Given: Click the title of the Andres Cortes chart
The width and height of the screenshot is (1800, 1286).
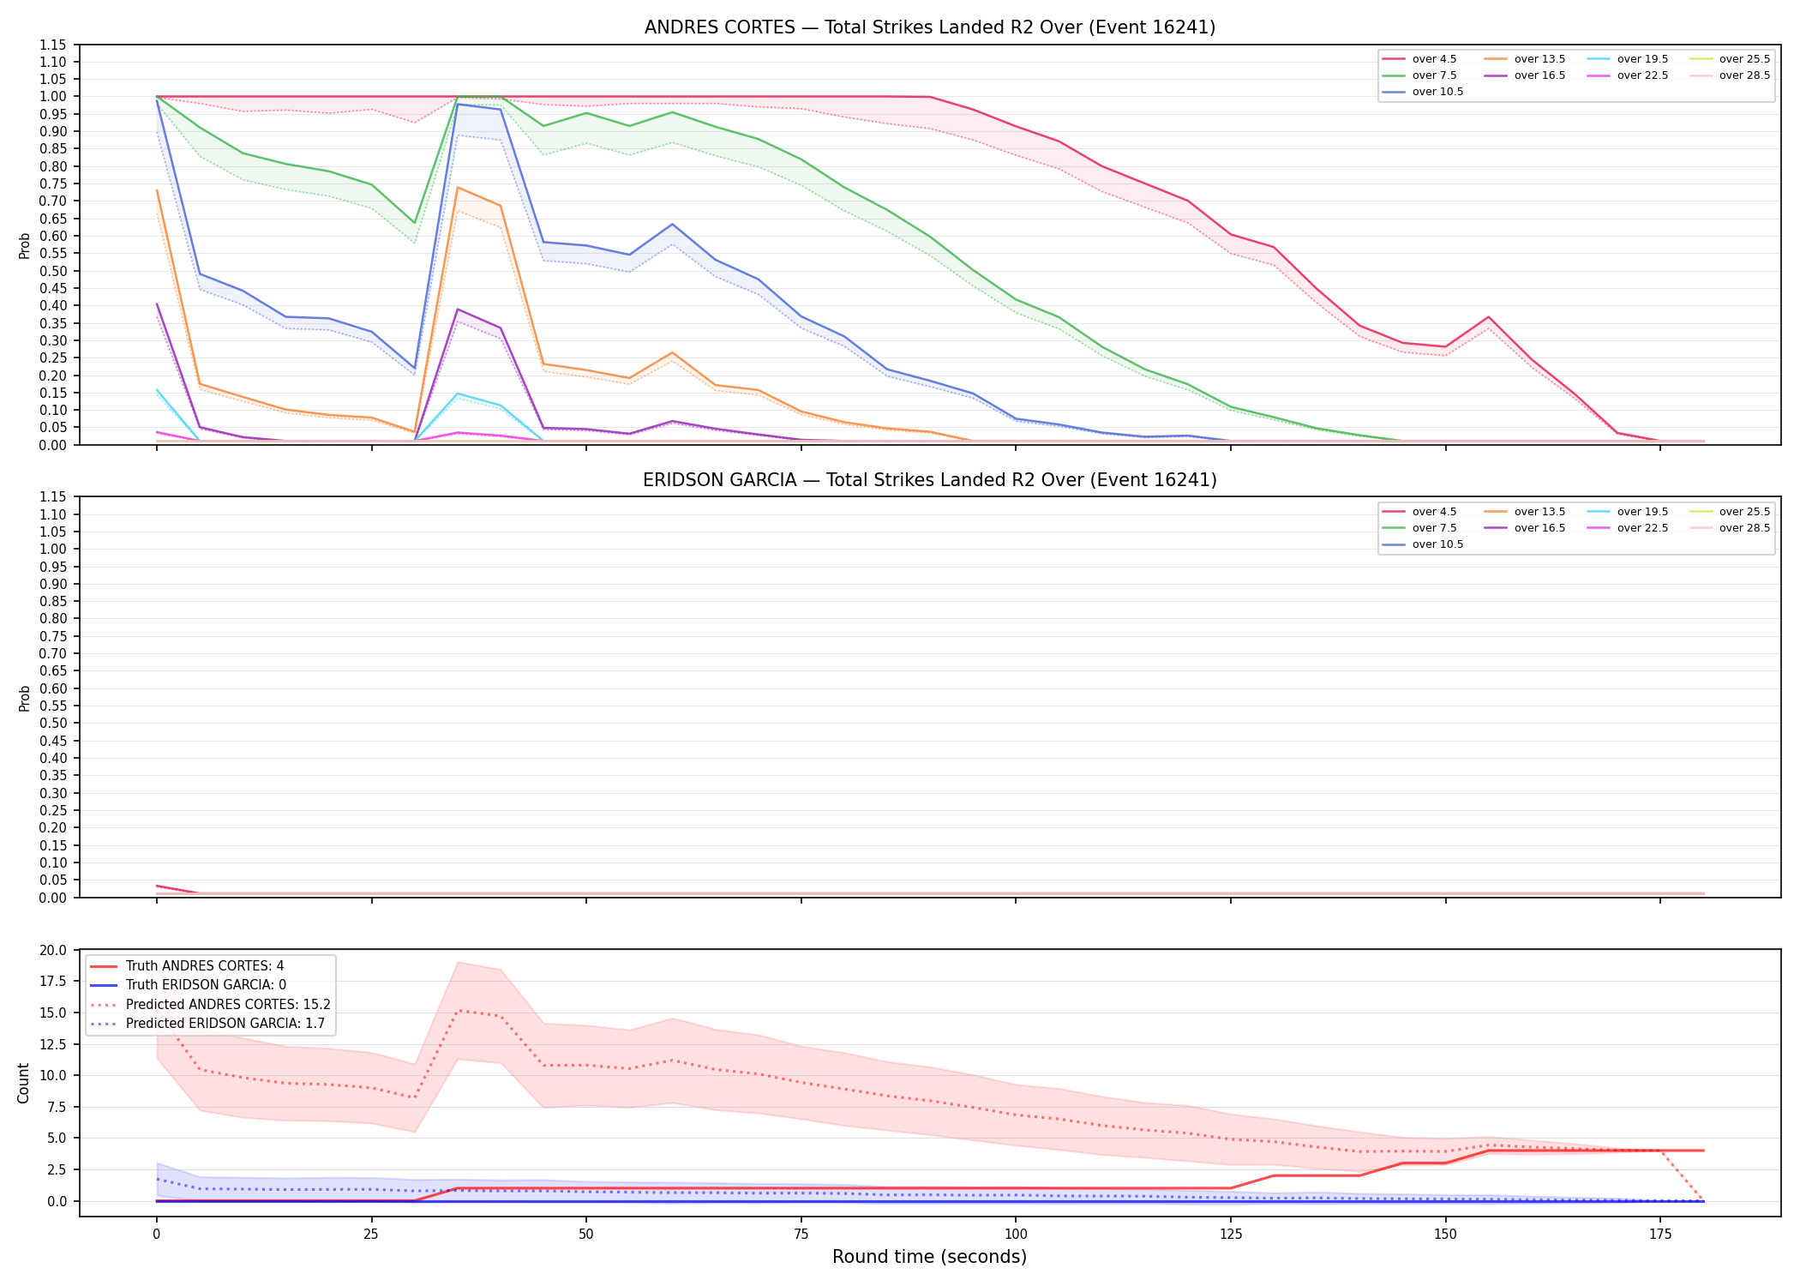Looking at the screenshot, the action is (930, 27).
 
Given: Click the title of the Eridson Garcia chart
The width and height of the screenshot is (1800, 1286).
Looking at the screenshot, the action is (930, 480).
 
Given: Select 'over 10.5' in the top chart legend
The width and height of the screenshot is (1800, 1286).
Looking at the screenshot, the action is (1437, 92).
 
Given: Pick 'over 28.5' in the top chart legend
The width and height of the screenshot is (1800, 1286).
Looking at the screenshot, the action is (1744, 75).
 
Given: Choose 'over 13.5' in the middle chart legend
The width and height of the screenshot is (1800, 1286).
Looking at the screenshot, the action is (1539, 512).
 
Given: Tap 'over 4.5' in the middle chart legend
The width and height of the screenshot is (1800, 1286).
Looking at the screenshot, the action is (1434, 512).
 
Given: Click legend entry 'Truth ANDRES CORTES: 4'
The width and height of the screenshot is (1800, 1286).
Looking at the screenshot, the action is (205, 966).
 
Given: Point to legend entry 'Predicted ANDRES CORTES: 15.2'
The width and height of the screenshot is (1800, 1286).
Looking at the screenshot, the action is (228, 1005).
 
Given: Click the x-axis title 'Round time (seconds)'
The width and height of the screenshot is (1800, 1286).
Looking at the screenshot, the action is (929, 1257).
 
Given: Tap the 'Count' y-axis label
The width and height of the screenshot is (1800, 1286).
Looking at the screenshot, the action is (23, 1083).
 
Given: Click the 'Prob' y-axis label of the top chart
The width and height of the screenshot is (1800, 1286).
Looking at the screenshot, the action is (24, 246).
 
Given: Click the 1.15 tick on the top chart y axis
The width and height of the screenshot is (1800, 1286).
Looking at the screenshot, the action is (52, 45).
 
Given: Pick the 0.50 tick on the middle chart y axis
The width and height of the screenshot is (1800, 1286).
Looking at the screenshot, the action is (52, 724).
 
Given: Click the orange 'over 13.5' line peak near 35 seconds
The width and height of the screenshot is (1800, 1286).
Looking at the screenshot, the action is (458, 187).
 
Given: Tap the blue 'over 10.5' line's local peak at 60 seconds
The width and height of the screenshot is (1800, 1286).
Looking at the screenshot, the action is (672, 224).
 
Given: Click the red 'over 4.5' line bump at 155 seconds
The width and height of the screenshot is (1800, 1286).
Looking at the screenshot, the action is (1488, 317).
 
